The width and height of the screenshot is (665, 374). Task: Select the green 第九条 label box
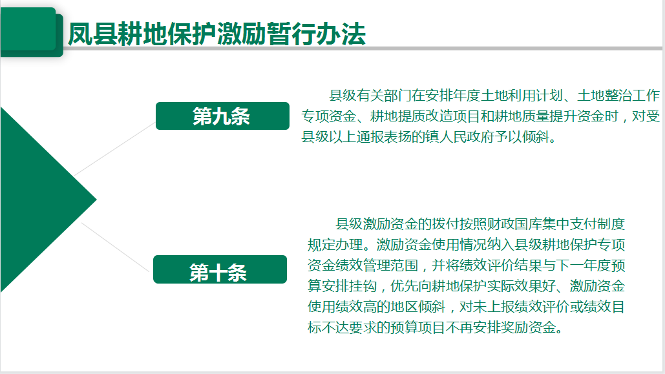click(x=223, y=116)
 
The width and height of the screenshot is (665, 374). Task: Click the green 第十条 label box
click(x=220, y=269)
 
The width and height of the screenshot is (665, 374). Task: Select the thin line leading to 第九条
click(x=115, y=149)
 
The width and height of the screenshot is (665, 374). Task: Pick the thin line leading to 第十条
click(x=115, y=247)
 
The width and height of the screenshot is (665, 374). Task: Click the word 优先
click(x=404, y=286)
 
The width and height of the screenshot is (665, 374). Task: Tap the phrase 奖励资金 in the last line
click(x=528, y=327)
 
